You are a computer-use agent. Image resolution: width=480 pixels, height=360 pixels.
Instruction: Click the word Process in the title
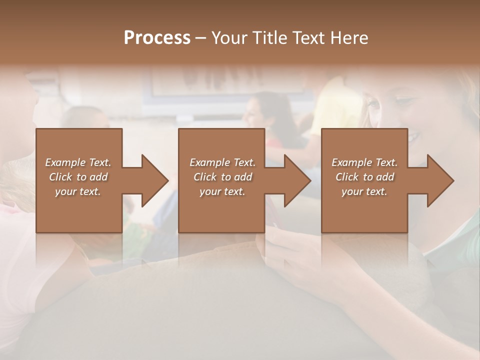157,38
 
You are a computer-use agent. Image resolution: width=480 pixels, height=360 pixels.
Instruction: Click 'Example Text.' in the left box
78,162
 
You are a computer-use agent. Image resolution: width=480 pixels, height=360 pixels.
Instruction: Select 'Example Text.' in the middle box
222,162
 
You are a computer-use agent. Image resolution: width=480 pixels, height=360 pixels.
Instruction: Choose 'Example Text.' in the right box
364,162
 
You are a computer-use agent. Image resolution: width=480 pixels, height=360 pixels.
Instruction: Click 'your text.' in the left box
78,191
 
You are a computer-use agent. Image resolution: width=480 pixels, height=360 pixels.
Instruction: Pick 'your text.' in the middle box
222,191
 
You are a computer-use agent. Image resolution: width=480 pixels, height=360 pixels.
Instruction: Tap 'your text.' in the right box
364,191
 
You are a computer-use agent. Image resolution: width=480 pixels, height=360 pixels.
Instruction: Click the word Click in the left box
61,177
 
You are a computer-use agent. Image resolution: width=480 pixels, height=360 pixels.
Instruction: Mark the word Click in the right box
347,177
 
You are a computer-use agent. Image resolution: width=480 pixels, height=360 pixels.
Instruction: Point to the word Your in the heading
227,38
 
